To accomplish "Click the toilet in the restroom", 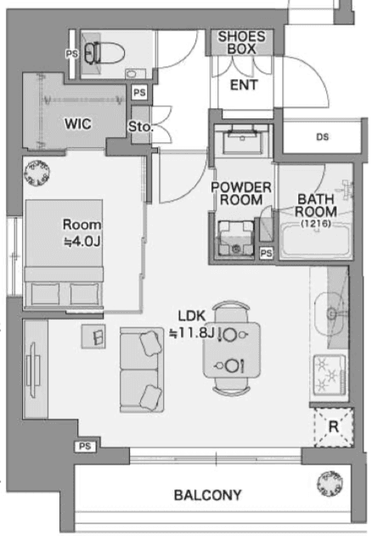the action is [x=104, y=53].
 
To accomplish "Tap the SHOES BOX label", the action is [x=241, y=43].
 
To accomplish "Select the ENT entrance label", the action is [x=244, y=85].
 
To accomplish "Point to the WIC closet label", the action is [x=78, y=123].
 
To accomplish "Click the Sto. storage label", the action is [x=140, y=127].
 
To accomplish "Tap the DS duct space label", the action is [x=322, y=137].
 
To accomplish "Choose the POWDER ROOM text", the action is [x=241, y=193].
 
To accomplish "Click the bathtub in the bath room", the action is [x=315, y=240].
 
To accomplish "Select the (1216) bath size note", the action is [x=316, y=224].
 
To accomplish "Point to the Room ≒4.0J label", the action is [x=82, y=233].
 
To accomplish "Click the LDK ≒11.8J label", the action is [x=191, y=324].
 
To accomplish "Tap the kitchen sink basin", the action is [x=330, y=314].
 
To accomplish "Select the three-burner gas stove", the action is [x=329, y=374].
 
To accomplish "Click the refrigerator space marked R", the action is [x=334, y=427].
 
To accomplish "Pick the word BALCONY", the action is [x=207, y=495].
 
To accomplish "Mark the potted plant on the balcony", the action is [x=330, y=484].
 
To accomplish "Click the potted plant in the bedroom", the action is [x=37, y=173].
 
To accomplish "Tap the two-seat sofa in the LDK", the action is [x=142, y=369].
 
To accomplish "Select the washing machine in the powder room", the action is [x=236, y=238].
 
